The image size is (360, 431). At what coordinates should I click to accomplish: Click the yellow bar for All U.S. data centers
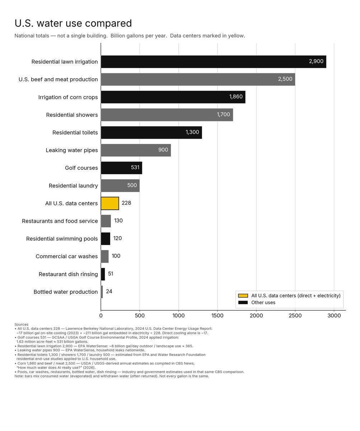click(x=110, y=203)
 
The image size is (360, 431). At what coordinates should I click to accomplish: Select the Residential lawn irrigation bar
click(x=214, y=61)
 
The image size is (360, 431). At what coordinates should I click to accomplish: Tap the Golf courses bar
click(x=122, y=168)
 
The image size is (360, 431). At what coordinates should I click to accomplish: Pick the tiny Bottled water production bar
click(x=102, y=292)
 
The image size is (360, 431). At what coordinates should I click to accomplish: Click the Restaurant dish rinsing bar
click(x=103, y=274)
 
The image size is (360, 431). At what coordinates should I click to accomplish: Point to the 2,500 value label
click(x=285, y=79)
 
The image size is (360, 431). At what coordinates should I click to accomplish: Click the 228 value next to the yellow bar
click(x=126, y=203)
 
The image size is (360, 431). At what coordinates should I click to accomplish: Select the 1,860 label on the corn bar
click(x=236, y=97)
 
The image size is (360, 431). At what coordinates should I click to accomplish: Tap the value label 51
click(x=111, y=274)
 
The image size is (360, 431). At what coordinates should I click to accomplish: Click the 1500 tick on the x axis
click(x=218, y=316)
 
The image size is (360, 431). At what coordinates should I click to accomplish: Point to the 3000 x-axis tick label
click(x=334, y=316)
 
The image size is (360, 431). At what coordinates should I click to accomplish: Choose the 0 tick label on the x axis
click(x=101, y=316)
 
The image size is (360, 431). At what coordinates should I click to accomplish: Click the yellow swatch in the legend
click(x=243, y=296)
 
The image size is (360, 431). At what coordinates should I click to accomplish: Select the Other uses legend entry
click(x=257, y=302)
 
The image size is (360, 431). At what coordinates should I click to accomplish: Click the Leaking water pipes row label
click(x=72, y=150)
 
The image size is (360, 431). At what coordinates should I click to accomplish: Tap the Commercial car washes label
click(x=67, y=256)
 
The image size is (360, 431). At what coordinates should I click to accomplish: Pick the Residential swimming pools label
click(x=62, y=238)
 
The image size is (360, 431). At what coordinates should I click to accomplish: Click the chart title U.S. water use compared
click(x=73, y=23)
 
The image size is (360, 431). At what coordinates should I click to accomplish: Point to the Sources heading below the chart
click(x=21, y=324)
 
